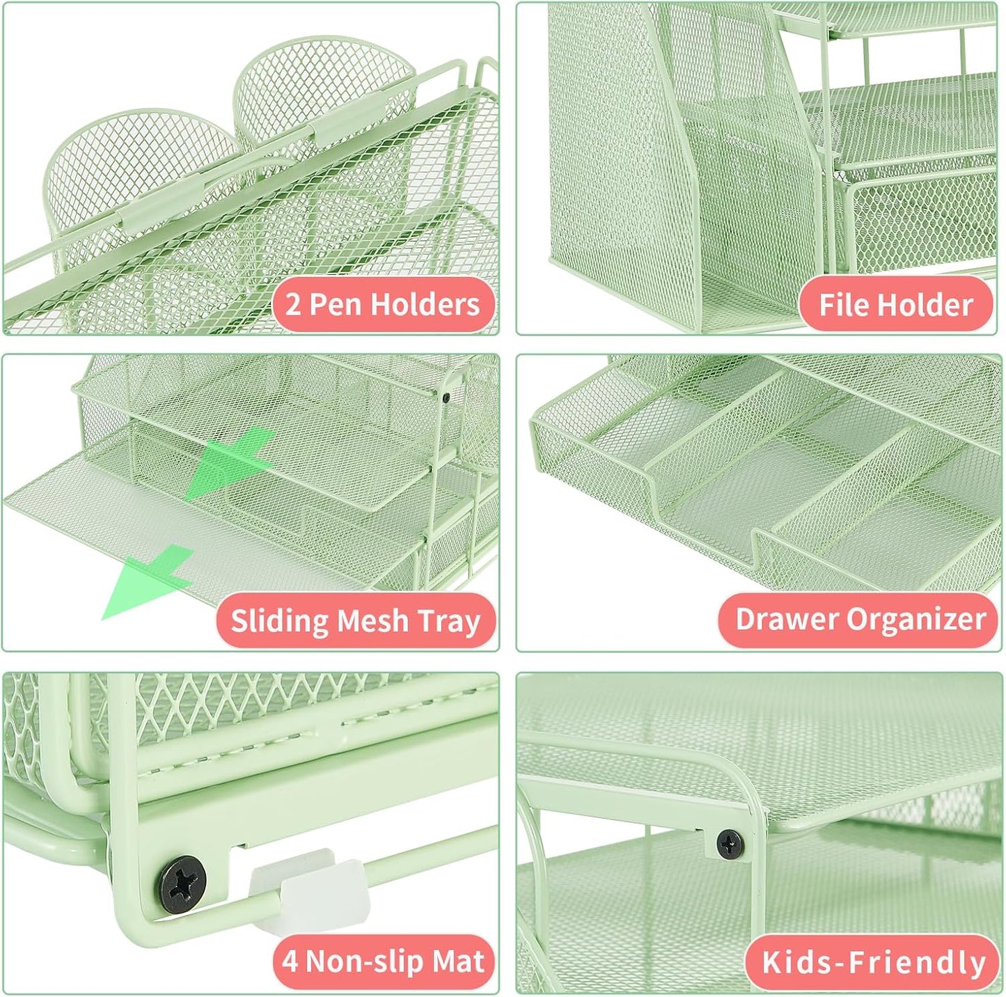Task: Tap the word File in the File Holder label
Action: (x=843, y=304)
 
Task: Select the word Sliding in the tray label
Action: (x=275, y=620)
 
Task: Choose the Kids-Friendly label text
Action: (x=874, y=962)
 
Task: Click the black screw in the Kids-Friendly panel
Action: (x=729, y=843)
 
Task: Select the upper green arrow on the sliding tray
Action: (x=230, y=460)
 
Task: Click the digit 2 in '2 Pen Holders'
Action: (x=293, y=305)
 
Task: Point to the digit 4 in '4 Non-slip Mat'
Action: (x=289, y=962)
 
